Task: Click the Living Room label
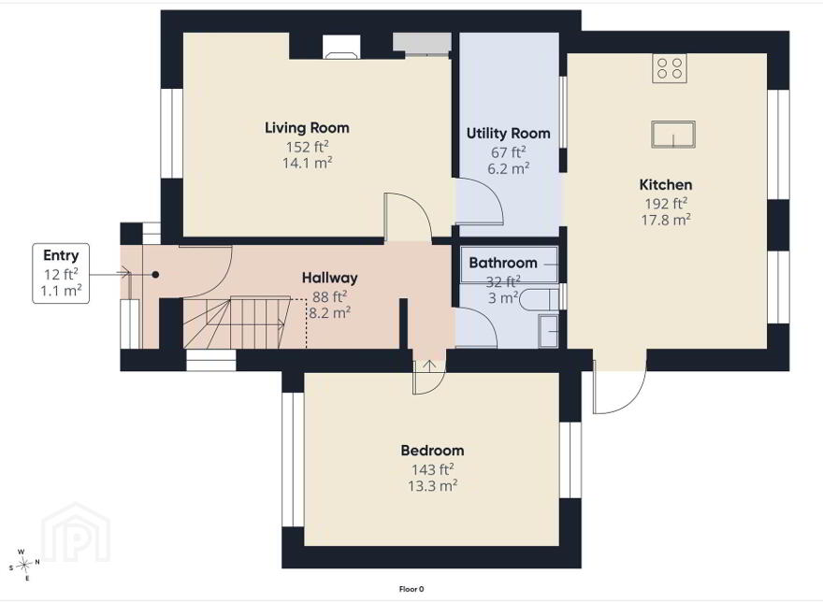[x=307, y=127]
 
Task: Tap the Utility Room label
[x=509, y=134]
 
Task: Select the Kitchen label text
[x=666, y=185]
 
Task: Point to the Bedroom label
[x=432, y=451]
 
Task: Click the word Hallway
[x=329, y=279]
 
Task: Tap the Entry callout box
[x=61, y=273]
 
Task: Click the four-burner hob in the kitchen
[x=670, y=68]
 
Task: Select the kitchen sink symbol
[x=673, y=135]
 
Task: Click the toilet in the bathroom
[x=539, y=299]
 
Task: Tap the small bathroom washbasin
[x=548, y=331]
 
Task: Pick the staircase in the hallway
[x=237, y=322]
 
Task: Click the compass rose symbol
[x=24, y=565]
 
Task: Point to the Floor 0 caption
[x=411, y=589]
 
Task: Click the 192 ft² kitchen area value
[x=666, y=203]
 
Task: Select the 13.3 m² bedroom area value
[x=432, y=485]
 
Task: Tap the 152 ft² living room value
[x=307, y=147]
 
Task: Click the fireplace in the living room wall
[x=341, y=46]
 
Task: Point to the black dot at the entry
[x=155, y=275]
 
